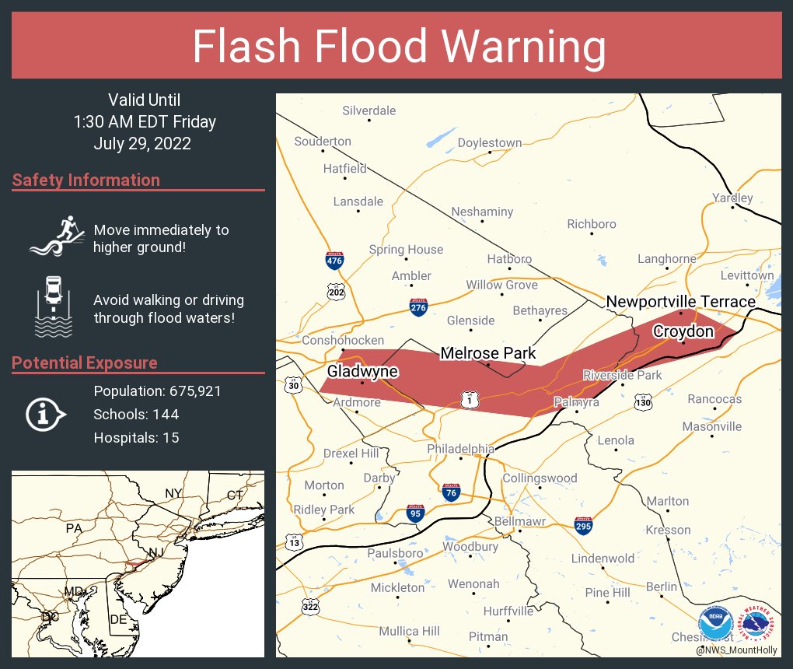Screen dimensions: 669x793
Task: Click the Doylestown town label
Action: [x=489, y=142]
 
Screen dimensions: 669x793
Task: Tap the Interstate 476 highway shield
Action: [x=334, y=260]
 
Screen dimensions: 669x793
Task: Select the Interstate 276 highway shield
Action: [x=417, y=306]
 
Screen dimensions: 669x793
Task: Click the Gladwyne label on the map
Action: [x=362, y=372]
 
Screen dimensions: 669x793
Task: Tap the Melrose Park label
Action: [x=488, y=353]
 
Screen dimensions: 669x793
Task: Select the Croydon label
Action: [x=683, y=331]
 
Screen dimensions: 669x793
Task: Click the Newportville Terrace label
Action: [x=680, y=302]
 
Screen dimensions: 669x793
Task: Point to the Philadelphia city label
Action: [x=460, y=449]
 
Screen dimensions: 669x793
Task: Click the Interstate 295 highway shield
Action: [x=583, y=525]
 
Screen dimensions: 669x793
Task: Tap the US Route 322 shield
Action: [x=312, y=607]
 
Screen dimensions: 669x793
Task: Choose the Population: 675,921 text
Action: [x=157, y=391]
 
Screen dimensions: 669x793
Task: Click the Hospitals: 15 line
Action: [x=136, y=438]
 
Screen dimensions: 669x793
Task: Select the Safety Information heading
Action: [x=86, y=180]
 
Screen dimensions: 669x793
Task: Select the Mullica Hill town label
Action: [x=409, y=631]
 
